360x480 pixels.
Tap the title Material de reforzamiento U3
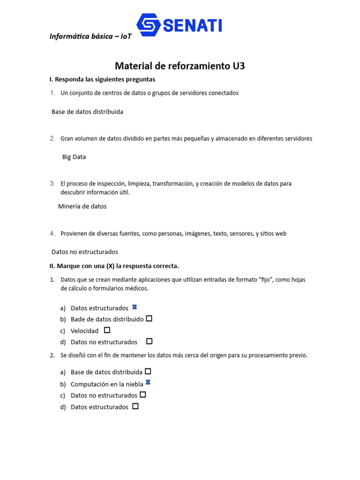[x=180, y=66]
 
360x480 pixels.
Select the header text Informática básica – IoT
[x=90, y=37]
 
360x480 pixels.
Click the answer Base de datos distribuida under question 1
[x=87, y=112]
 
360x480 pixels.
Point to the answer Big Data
[x=74, y=157]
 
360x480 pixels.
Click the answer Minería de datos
[x=82, y=206]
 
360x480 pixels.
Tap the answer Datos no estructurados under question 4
[x=84, y=252]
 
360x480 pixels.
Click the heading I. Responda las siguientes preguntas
[x=102, y=79]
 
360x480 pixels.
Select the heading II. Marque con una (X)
[x=114, y=266]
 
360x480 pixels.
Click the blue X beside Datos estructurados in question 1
[x=135, y=307]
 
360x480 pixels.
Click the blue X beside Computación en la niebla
[x=148, y=382]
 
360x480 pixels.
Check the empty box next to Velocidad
[x=107, y=330]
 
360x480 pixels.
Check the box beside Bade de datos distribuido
[x=149, y=318]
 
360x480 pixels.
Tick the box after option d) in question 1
[x=149, y=341]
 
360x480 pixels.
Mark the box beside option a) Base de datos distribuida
[x=148, y=371]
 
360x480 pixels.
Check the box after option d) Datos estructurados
[x=135, y=406]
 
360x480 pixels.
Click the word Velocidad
[x=84, y=330]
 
